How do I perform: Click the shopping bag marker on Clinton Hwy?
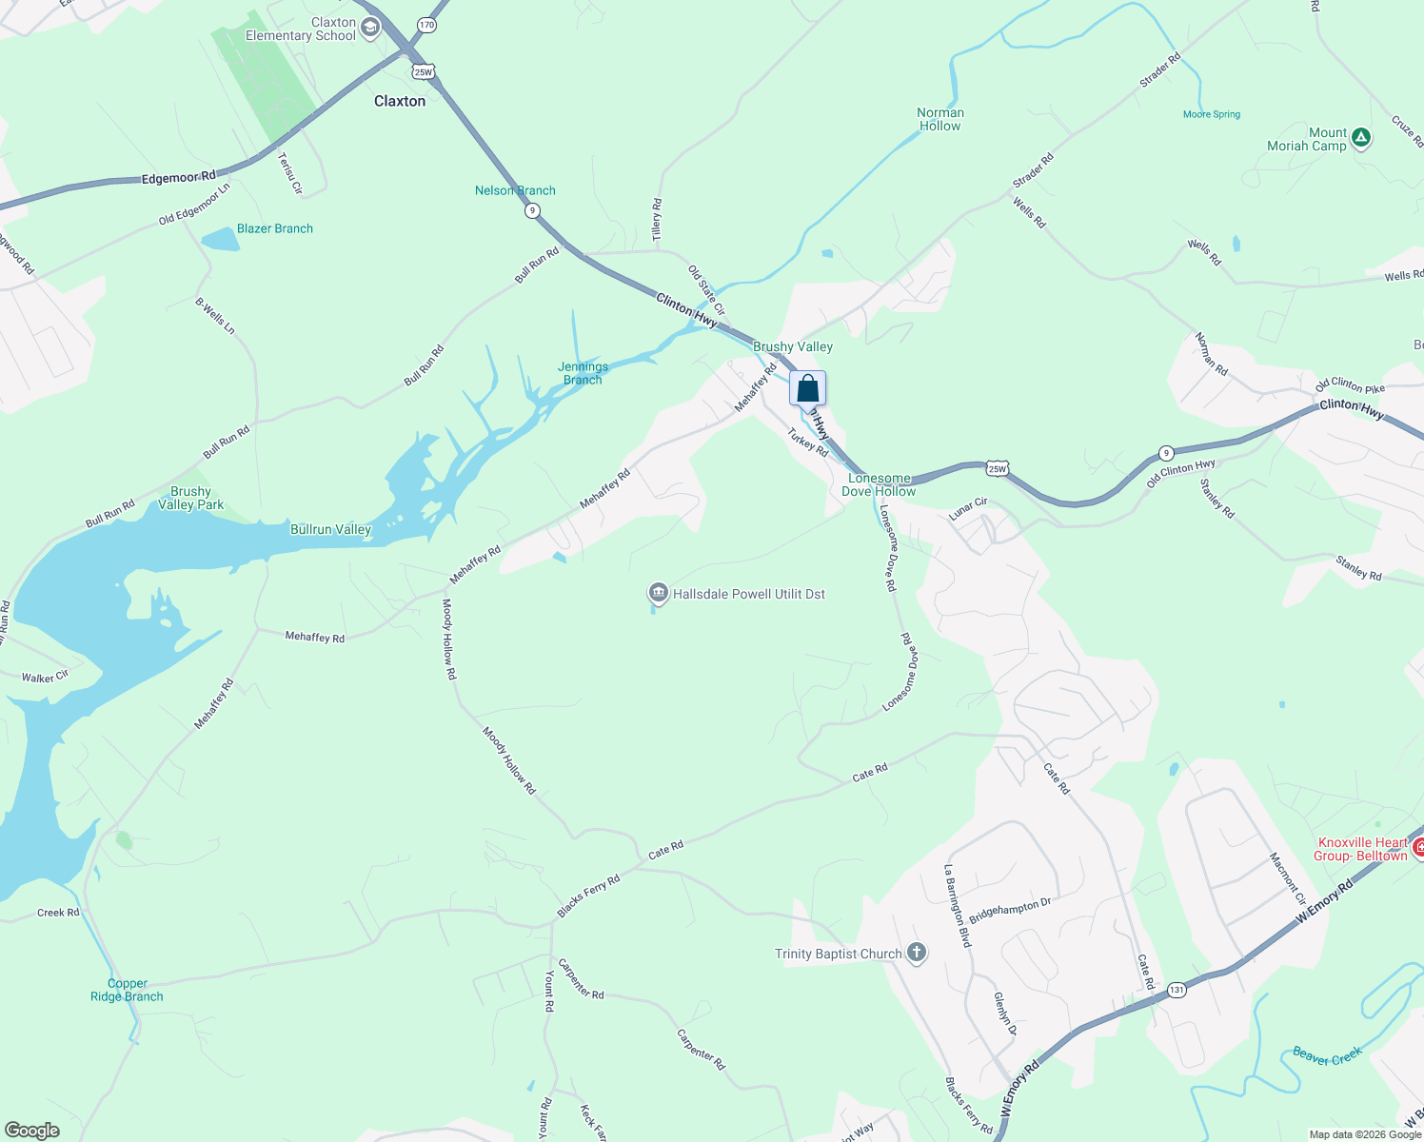point(807,388)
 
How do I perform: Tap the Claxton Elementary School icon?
point(370,29)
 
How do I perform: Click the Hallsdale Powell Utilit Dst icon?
point(658,594)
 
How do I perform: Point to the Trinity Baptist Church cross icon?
point(916,953)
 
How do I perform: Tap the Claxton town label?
point(400,101)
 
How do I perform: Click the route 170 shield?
point(426,25)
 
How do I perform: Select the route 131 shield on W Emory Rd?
point(1177,990)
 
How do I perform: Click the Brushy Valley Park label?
point(190,499)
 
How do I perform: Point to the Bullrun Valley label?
point(330,529)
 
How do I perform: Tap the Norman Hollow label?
point(940,119)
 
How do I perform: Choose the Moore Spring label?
point(1212,114)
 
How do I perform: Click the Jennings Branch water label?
point(583,373)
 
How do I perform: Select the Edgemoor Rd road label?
point(179,177)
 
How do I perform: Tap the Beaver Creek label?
point(1327,1055)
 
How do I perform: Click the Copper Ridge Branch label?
point(127,990)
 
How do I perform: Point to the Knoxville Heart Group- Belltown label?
point(1362,849)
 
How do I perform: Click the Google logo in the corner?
point(32,1130)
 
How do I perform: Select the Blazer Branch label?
point(275,228)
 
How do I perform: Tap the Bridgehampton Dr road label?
point(1010,910)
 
